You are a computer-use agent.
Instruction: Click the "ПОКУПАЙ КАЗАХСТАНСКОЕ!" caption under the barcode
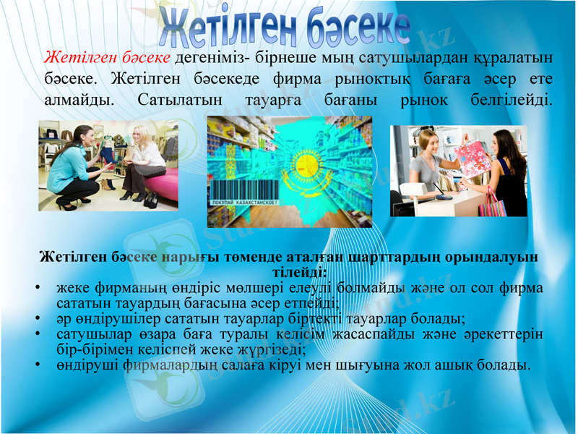click(243, 205)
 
